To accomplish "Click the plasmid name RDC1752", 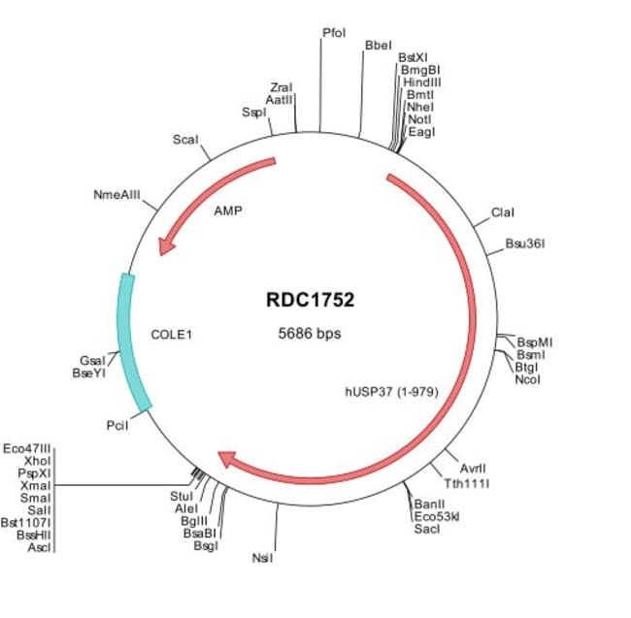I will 310,300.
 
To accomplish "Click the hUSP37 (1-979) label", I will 392,393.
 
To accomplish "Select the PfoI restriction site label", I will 333,33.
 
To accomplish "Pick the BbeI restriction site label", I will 377,46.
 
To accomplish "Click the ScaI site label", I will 184,140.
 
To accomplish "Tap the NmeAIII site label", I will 116,195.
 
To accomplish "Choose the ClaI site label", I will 502,212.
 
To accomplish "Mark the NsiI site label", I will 262,558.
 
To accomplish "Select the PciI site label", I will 116,425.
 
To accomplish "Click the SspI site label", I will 253,113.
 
